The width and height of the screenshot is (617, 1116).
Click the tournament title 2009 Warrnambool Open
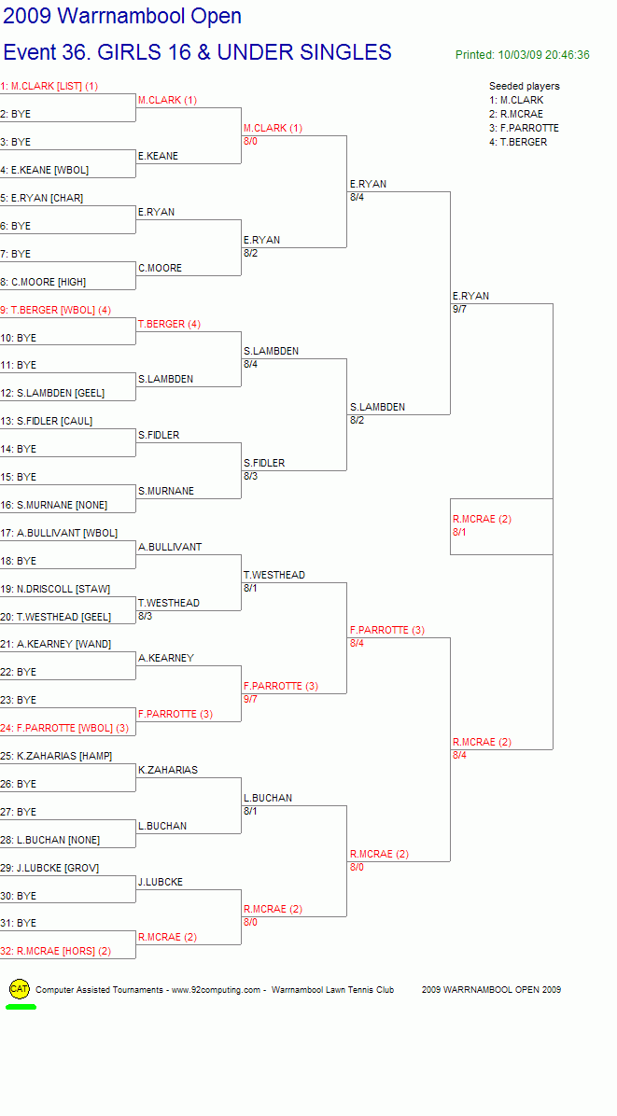(x=122, y=17)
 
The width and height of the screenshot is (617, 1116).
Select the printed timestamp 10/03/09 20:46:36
(x=543, y=55)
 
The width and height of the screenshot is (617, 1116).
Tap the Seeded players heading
(x=525, y=86)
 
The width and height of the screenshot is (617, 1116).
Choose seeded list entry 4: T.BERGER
(x=518, y=142)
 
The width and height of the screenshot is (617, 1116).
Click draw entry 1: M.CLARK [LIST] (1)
(x=49, y=86)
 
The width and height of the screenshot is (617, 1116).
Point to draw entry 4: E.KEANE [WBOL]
(x=44, y=170)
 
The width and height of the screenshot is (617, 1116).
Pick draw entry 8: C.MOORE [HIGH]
(x=43, y=282)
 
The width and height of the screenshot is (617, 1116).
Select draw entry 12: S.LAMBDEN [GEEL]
(x=52, y=393)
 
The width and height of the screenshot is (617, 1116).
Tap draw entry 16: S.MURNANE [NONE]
(x=53, y=505)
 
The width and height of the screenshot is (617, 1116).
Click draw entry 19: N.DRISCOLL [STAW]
(x=55, y=589)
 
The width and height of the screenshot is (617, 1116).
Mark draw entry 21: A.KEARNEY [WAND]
(x=55, y=644)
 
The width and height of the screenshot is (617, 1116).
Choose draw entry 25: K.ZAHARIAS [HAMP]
(x=56, y=756)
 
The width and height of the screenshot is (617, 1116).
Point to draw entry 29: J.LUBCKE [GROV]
(x=49, y=868)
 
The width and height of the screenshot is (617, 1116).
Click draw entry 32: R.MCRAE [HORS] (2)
(x=55, y=951)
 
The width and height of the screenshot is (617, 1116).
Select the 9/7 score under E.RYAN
(x=460, y=310)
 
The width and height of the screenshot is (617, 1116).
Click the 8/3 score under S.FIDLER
(x=250, y=476)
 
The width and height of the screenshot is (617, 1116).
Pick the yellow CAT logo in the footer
(x=20, y=988)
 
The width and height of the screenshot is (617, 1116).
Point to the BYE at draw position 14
(x=26, y=449)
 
